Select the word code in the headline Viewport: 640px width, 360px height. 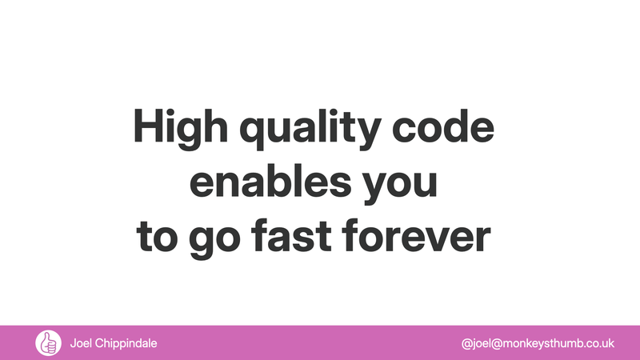[453, 128]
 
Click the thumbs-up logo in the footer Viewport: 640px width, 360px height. [48, 342]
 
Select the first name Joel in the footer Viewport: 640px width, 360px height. [82, 342]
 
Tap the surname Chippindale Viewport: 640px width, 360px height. [127, 343]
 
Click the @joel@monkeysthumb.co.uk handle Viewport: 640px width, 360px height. [538, 343]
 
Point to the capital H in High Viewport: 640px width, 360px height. [147, 128]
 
